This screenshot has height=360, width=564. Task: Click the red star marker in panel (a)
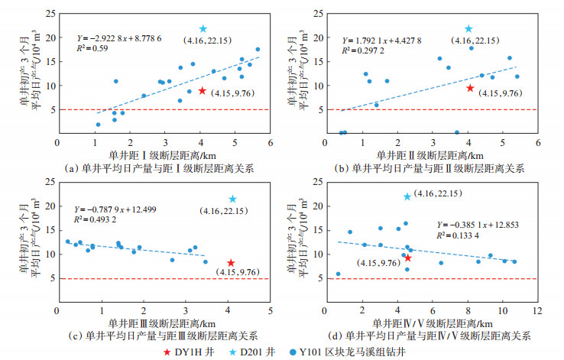202,90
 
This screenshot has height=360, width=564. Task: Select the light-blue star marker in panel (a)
203,29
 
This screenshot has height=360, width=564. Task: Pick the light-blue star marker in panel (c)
232,199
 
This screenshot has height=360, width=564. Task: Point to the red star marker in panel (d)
407,258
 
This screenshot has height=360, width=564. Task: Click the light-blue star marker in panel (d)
407,197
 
